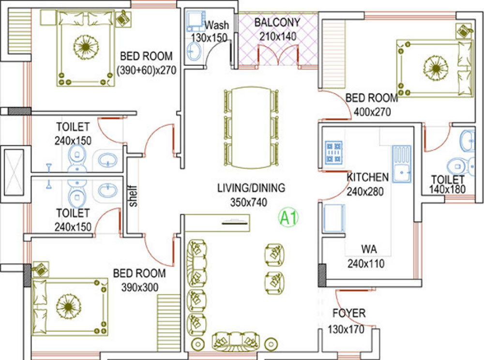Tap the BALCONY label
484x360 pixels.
tap(277, 22)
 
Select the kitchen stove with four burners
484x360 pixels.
tap(333, 151)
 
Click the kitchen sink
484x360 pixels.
tap(401, 164)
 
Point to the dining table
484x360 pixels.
tap(251, 128)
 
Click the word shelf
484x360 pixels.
tap(134, 196)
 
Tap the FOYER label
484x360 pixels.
tap(349, 313)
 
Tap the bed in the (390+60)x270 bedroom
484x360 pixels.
tap(86, 48)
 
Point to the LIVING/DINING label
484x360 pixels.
tap(251, 188)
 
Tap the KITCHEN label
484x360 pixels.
tap(367, 177)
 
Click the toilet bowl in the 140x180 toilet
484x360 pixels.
tap(456, 166)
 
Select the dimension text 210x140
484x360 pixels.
tap(277, 36)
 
